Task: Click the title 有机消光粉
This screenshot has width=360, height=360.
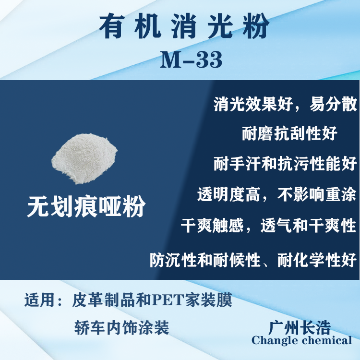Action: click(184, 26)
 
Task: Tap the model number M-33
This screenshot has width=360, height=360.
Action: click(191, 60)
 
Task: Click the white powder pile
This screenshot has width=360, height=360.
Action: click(84, 158)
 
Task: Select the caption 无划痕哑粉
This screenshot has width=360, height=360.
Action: click(86, 206)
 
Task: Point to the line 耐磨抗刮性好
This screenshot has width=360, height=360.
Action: click(289, 133)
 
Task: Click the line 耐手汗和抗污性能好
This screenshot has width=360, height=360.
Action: click(285, 164)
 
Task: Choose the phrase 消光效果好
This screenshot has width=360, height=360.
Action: click(253, 104)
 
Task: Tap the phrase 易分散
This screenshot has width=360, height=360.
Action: click(333, 104)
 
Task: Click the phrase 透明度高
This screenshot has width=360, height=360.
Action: click(229, 194)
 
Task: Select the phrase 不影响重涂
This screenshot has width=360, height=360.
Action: click(317, 194)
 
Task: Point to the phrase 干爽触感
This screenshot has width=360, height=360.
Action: click(212, 225)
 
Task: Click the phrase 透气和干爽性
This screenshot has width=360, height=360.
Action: click(308, 225)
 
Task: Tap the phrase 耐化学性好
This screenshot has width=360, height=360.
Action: click(317, 260)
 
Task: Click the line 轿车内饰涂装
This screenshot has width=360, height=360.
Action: click(122, 328)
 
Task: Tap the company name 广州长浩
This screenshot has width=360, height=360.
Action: click(300, 327)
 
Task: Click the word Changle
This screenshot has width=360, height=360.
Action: click(275, 340)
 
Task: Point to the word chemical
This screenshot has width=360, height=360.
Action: click(327, 340)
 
